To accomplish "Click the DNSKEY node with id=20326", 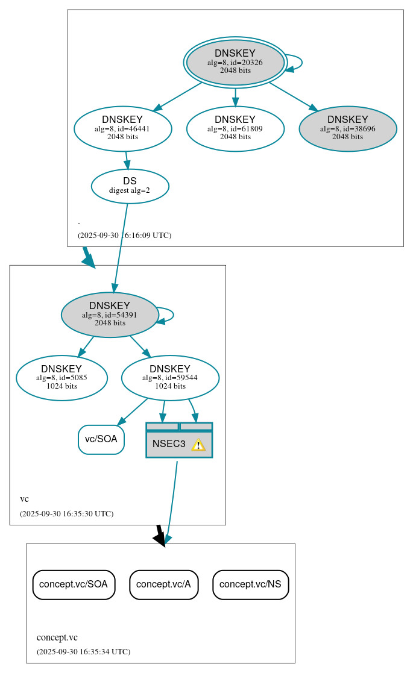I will point(235,62).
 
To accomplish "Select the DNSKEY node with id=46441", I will point(122,128).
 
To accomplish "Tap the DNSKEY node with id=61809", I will point(235,128).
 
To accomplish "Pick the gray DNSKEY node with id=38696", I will point(347,128).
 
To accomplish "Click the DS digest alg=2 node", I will point(130,186).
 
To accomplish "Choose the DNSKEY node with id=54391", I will point(110,315).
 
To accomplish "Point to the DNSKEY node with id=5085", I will point(61,378).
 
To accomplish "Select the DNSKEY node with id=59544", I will point(170,378).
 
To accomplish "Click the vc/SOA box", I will point(101,439).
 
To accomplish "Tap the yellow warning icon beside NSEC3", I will point(198,445).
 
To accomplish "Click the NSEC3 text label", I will point(169,444).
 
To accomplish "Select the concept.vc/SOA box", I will point(74,584).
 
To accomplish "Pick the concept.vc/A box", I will point(163,584).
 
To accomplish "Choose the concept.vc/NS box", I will point(250,584).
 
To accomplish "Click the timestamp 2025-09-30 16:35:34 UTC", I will point(83,651).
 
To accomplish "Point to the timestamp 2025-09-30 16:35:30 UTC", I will point(66,514).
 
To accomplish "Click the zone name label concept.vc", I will point(57,637).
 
